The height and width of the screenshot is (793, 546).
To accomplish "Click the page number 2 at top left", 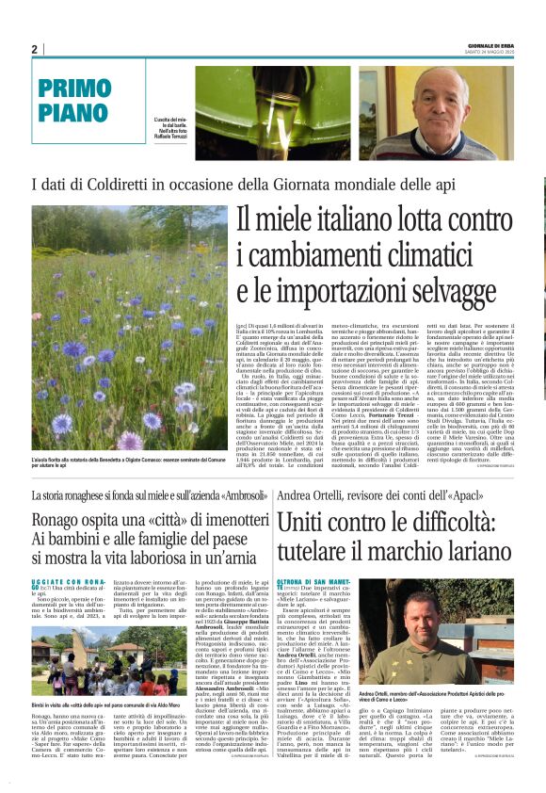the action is pyautogui.click(x=34, y=49).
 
